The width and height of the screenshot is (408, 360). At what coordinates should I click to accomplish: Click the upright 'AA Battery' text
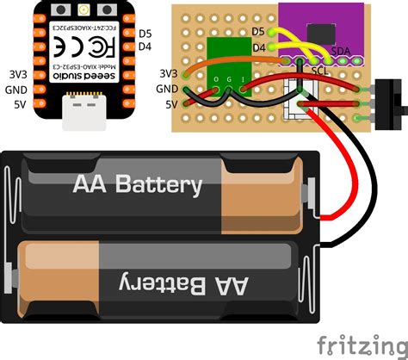(x=139, y=184)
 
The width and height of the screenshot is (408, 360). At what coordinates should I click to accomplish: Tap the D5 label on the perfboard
(x=258, y=31)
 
